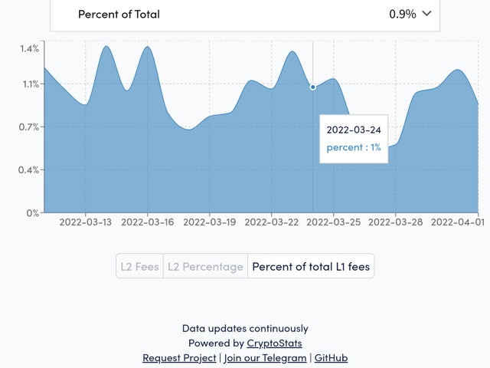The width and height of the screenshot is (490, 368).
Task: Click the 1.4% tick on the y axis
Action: [29, 48]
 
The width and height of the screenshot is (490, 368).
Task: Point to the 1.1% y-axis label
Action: [29, 84]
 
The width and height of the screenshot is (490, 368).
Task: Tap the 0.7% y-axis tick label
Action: [29, 127]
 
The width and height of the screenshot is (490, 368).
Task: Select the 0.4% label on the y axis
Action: [29, 169]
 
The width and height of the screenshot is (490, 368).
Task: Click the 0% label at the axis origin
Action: [32, 212]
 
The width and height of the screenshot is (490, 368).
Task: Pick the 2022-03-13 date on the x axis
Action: [85, 222]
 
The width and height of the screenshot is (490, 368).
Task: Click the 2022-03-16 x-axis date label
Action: [147, 222]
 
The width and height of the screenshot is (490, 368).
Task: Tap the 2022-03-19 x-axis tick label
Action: [209, 222]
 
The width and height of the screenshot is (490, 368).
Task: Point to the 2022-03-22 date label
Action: [271, 222]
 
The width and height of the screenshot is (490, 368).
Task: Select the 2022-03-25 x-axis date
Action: [333, 222]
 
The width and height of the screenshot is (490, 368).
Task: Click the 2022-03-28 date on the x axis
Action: [395, 222]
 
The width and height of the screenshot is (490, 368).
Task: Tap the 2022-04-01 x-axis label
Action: [457, 222]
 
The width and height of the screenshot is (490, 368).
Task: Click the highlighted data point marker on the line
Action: [312, 87]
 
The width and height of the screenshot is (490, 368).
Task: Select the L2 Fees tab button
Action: [139, 267]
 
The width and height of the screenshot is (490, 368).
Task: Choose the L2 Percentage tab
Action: [205, 267]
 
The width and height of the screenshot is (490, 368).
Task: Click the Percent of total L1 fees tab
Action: [311, 267]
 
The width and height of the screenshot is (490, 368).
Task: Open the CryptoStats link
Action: [274, 343]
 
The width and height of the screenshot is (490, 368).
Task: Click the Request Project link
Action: [179, 358]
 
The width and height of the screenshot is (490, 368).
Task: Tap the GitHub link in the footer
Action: [331, 358]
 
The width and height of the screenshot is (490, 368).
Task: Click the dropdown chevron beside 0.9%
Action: [426, 14]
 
